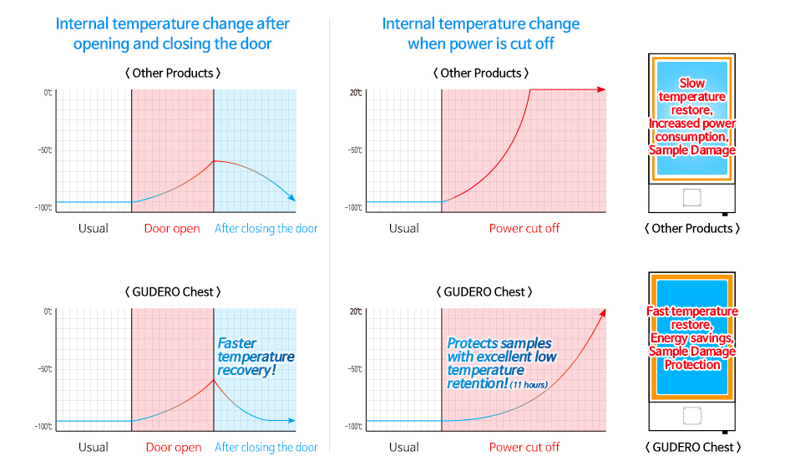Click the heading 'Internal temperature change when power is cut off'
[481, 33]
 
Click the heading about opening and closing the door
[172, 33]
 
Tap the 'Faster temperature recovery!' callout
[256, 357]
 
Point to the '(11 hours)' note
[529, 385]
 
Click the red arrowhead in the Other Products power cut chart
[601, 89]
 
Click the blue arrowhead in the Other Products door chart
[291, 197]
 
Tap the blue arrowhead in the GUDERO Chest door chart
[291, 420]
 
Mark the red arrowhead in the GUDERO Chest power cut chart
[603, 313]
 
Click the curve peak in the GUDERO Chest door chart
[214, 380]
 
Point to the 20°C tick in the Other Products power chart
[356, 93]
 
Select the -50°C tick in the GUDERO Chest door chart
[45, 369]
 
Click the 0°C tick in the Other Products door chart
[48, 93]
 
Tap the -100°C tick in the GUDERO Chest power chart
[353, 427]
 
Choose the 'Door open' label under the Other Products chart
[172, 229]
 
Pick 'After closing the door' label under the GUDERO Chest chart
[266, 447]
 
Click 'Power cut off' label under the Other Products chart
[524, 229]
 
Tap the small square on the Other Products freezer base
[691, 197]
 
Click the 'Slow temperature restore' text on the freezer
[691, 97]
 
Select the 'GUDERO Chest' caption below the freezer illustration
[693, 447]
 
